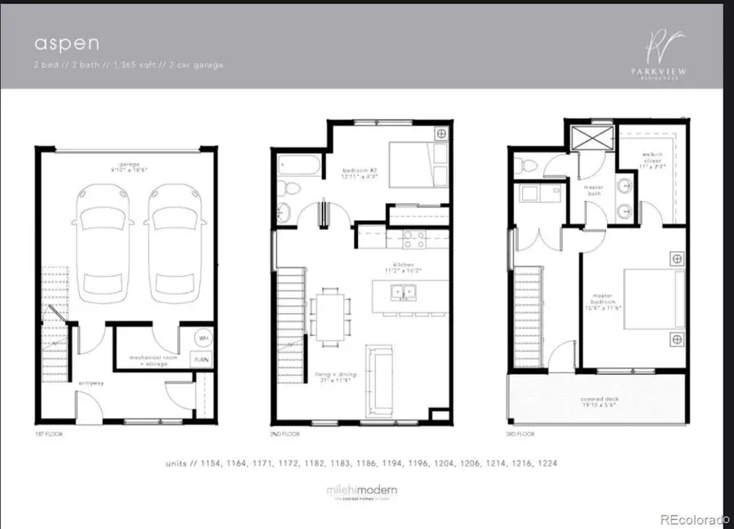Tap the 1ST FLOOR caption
[48, 434]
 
